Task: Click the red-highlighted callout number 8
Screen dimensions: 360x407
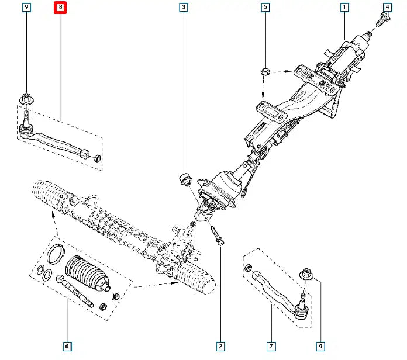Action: (60, 8)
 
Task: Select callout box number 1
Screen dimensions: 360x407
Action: (344, 8)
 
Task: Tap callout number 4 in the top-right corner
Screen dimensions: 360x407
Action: (387, 8)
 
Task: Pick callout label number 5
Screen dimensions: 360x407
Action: (265, 8)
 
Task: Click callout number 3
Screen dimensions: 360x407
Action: (184, 8)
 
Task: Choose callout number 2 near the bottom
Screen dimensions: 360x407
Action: (220, 347)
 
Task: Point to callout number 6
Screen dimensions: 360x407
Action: (67, 347)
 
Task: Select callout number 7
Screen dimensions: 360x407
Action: (271, 347)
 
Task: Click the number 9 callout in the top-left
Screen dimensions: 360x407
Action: (26, 8)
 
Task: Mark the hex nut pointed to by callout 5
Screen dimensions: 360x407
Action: (264, 72)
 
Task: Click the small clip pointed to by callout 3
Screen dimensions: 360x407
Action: (184, 178)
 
